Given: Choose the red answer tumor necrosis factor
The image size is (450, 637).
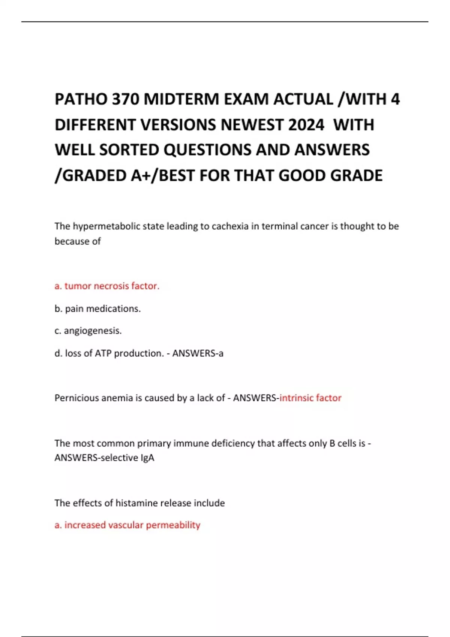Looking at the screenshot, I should [107, 286].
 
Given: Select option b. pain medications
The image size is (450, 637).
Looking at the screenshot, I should [97, 309].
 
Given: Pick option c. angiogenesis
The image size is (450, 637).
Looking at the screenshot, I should [88, 331].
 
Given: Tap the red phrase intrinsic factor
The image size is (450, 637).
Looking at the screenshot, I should [310, 398].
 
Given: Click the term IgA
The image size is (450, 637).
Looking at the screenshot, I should [147, 458].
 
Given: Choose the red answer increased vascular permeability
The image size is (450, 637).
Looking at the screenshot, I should [127, 525].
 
